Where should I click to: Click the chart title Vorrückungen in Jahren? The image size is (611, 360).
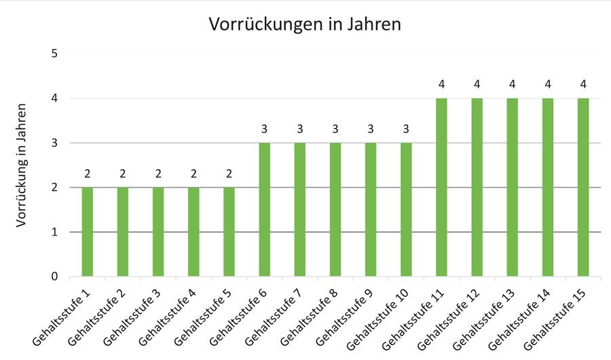click(305, 24)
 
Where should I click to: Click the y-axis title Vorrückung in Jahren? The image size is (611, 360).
click(22, 165)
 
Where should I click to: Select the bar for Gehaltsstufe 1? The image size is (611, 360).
click(87, 232)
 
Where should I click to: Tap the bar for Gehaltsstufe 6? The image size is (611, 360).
click(264, 209)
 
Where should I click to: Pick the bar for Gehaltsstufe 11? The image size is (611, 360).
click(441, 187)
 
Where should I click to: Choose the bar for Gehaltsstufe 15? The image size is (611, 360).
click(582, 187)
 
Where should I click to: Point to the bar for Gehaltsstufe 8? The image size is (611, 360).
click(335, 209)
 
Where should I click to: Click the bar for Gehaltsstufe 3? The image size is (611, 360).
click(158, 232)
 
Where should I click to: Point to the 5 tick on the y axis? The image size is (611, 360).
click(54, 54)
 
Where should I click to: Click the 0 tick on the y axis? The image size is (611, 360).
click(54, 276)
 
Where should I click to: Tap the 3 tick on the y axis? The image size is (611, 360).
click(54, 143)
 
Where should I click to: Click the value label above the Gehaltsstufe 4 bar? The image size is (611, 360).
click(193, 173)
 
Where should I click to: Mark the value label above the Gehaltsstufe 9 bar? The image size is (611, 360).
click(371, 128)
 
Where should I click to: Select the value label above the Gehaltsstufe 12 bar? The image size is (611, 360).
click(477, 84)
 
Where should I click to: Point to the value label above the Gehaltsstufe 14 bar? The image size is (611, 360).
click(547, 84)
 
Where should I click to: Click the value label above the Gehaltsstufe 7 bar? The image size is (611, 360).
click(299, 128)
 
